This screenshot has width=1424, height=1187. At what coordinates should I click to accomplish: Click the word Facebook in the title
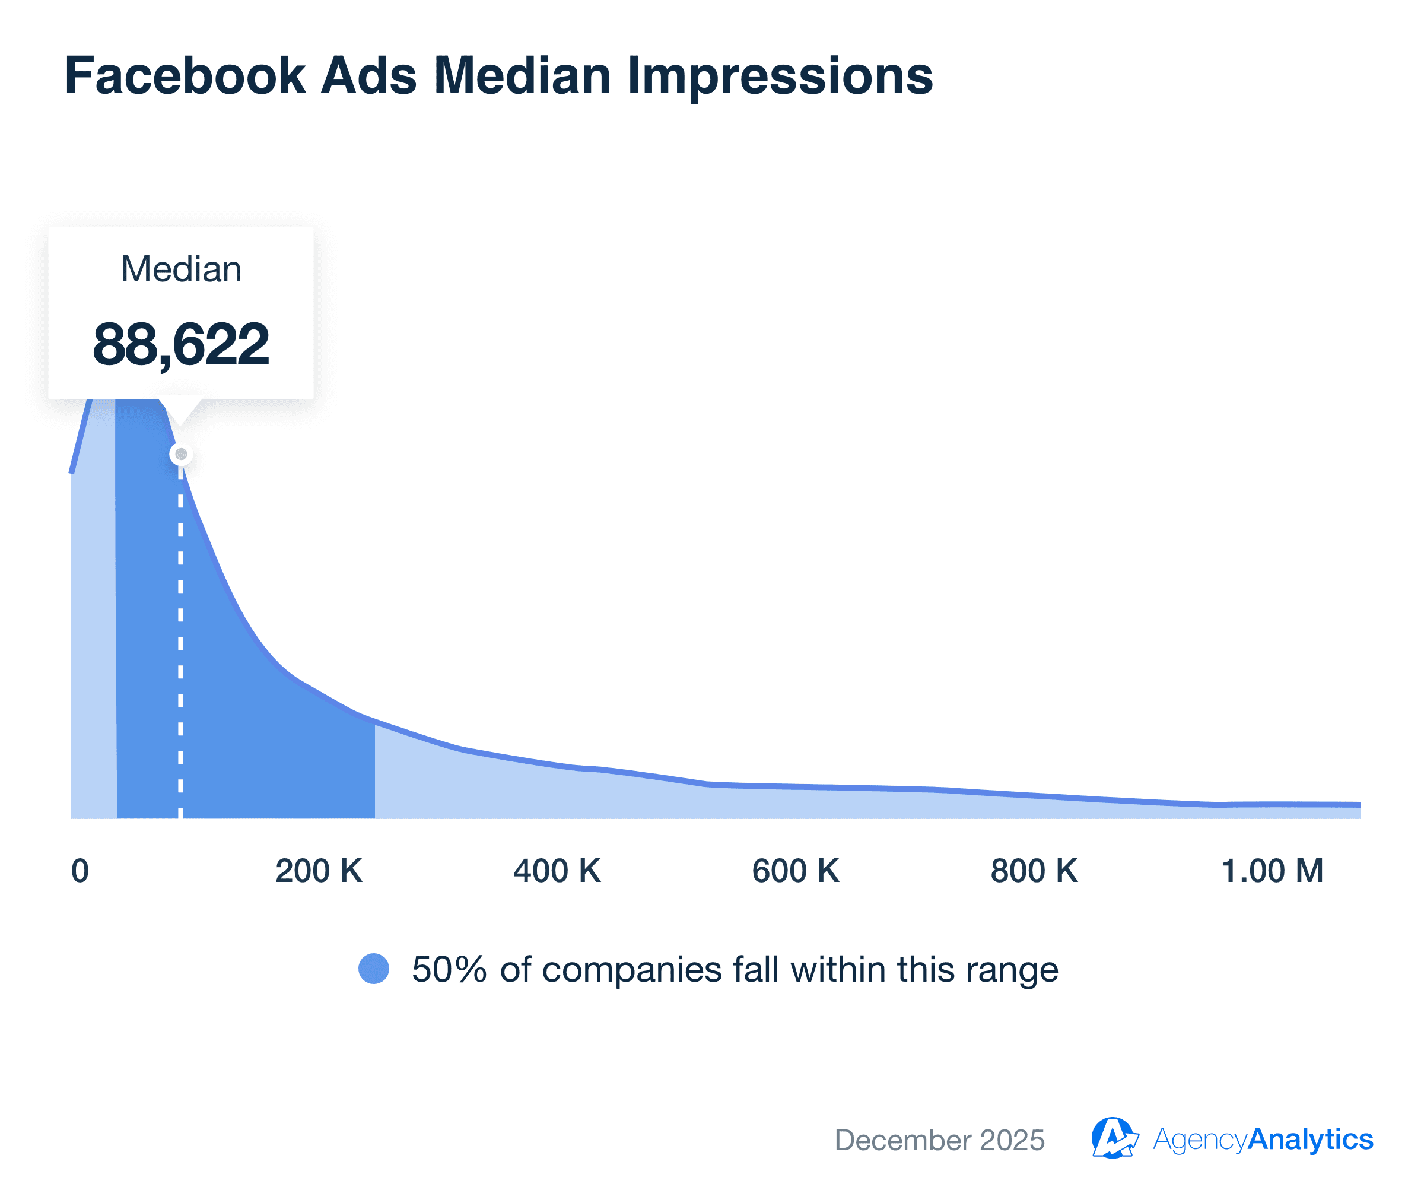pyautogui.click(x=185, y=75)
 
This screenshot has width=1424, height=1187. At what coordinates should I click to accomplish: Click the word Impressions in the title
pyautogui.click(x=780, y=75)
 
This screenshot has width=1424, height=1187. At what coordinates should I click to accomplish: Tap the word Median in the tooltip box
pyautogui.click(x=181, y=269)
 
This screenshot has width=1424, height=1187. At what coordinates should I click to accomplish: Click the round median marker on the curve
pyautogui.click(x=181, y=454)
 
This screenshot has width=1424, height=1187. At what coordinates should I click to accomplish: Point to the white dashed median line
pyautogui.click(x=180, y=645)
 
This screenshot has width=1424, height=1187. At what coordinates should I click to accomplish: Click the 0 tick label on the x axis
pyautogui.click(x=80, y=871)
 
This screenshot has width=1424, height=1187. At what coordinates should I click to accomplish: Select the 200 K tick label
pyautogui.click(x=319, y=871)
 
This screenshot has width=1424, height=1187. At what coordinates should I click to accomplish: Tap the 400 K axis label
pyautogui.click(x=557, y=871)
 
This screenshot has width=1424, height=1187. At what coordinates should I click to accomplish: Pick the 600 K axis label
pyautogui.click(x=796, y=871)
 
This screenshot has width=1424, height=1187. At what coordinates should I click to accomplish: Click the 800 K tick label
pyautogui.click(x=1034, y=871)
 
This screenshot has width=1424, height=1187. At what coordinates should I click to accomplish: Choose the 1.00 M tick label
pyautogui.click(x=1272, y=871)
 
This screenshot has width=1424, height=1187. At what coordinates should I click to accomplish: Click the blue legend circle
pyautogui.click(x=374, y=969)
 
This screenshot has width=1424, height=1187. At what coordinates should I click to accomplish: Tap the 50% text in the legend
pyautogui.click(x=449, y=969)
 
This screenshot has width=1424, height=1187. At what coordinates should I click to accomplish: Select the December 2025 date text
pyautogui.click(x=939, y=1140)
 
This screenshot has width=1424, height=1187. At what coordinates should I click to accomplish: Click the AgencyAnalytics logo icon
pyautogui.click(x=1114, y=1138)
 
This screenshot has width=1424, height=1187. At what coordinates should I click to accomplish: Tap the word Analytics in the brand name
pyautogui.click(x=1310, y=1139)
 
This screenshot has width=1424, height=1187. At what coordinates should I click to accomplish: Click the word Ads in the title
pyautogui.click(x=368, y=75)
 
